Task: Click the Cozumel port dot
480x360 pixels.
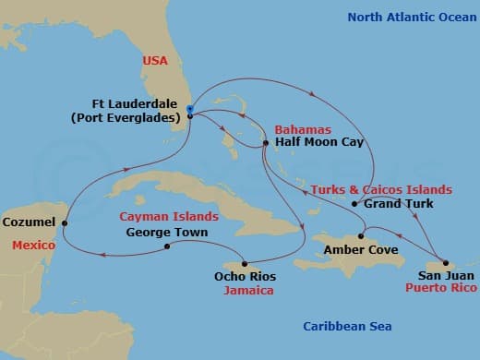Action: [x=65, y=222]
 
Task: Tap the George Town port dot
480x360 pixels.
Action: [x=167, y=246]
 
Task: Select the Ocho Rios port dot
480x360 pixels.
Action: [x=245, y=261]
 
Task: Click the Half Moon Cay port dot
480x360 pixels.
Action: [x=265, y=143]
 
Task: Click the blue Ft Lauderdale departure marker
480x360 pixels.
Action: [x=189, y=110]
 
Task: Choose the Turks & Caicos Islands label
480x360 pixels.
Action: [x=381, y=188]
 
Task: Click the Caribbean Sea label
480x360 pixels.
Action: [x=348, y=327]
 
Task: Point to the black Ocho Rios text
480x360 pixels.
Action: [x=245, y=276]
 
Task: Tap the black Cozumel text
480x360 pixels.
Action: [x=29, y=222]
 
